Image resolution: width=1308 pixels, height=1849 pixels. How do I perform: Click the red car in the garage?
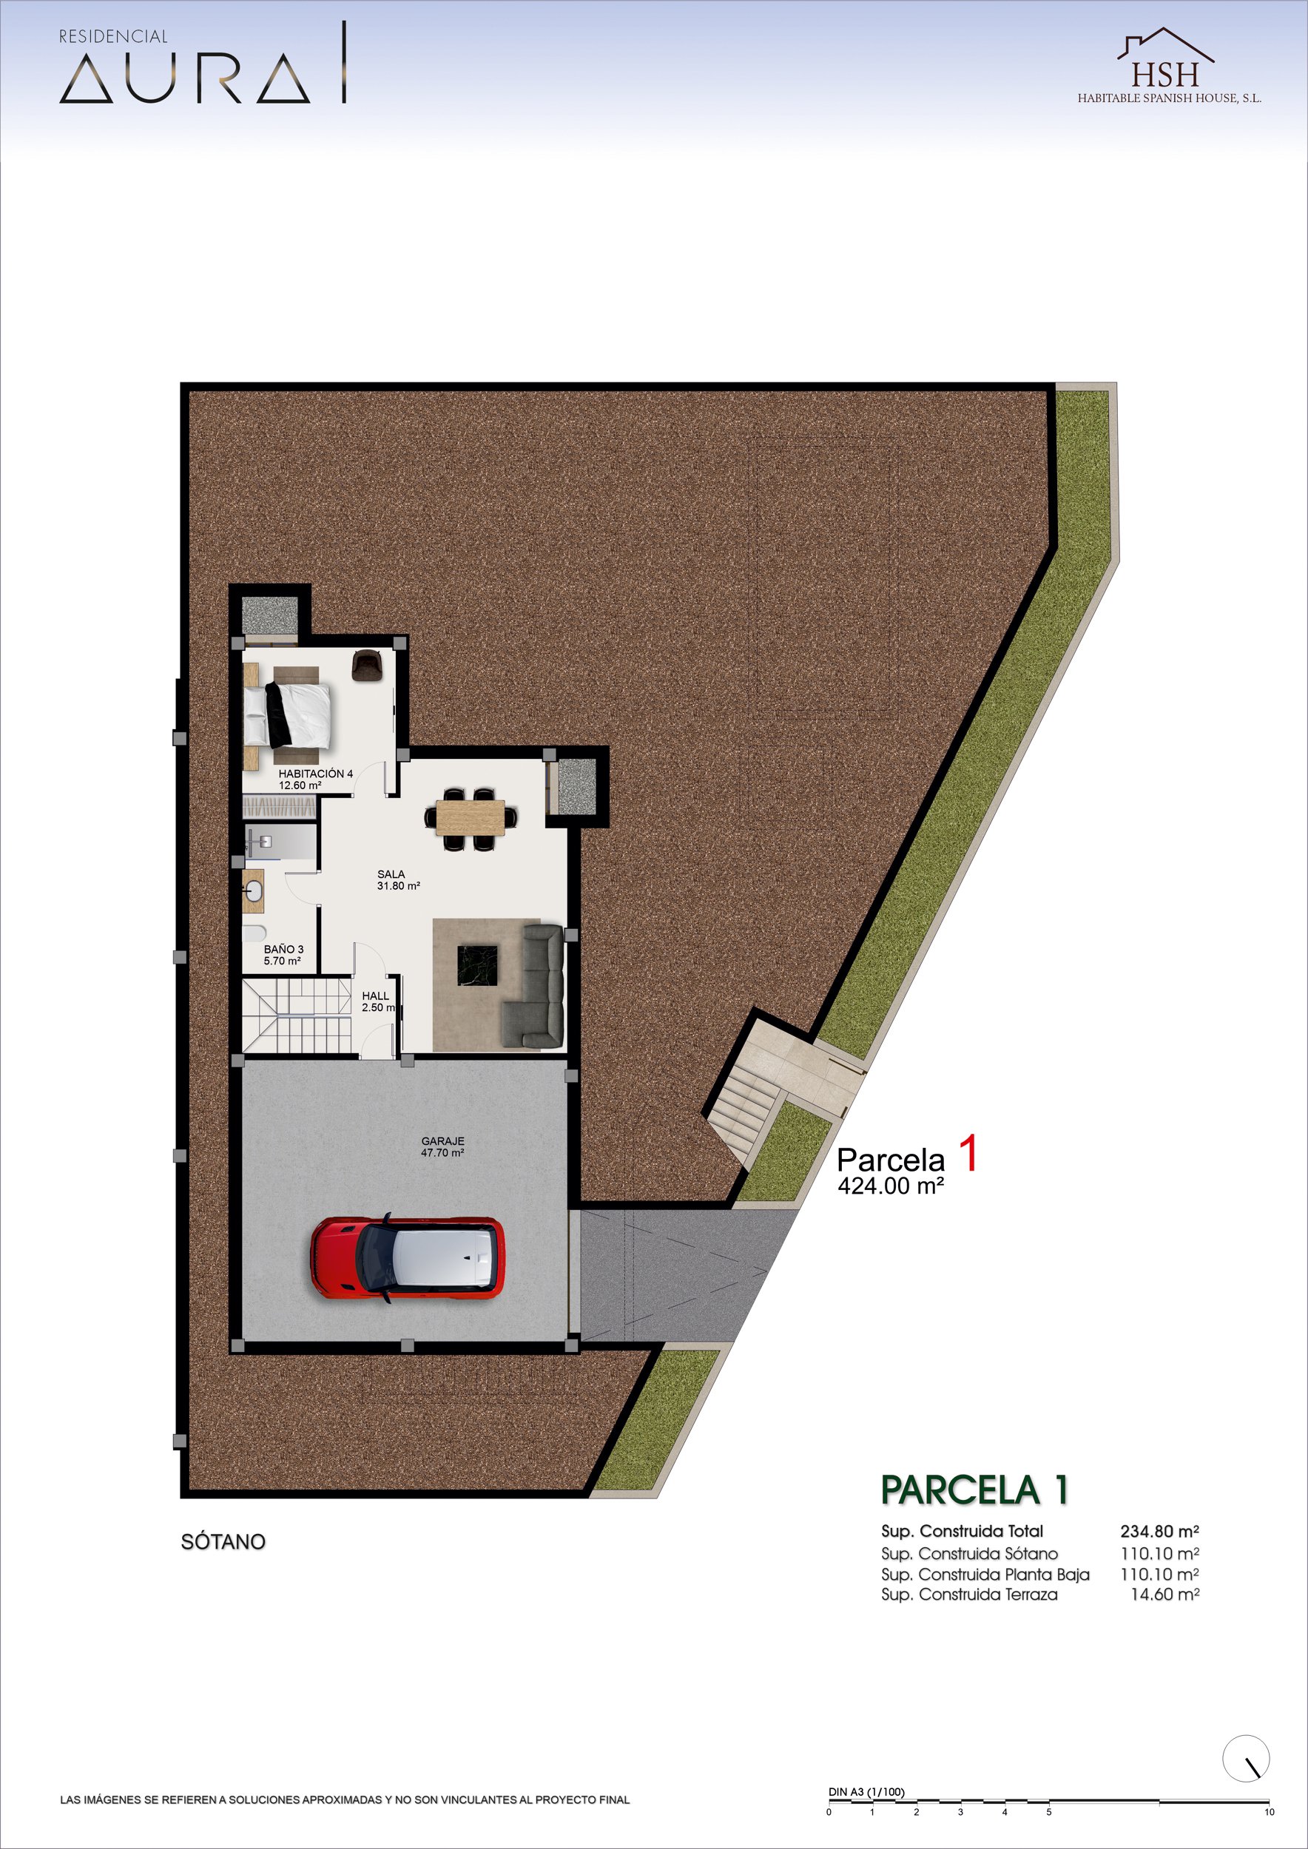click(408, 1257)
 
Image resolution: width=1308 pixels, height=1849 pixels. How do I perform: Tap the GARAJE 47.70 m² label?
click(442, 1147)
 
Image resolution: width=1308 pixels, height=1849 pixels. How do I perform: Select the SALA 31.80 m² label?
click(398, 879)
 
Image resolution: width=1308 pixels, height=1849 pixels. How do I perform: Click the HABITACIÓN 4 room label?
click(316, 779)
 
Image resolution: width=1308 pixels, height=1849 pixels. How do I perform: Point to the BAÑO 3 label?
click(283, 954)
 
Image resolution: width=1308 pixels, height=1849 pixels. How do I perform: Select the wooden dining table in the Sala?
click(471, 818)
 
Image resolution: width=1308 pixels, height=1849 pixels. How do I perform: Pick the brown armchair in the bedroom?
click(367, 664)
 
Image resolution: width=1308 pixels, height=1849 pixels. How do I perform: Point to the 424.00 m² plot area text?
click(891, 1186)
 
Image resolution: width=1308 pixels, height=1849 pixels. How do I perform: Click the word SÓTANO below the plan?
click(223, 1541)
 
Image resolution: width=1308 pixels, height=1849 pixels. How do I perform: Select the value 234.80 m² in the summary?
click(1160, 1531)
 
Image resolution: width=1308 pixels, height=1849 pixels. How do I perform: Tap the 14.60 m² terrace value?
click(1164, 1594)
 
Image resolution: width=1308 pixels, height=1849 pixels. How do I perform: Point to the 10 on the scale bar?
click(1270, 1812)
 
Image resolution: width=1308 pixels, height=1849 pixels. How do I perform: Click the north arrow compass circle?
click(1246, 1758)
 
